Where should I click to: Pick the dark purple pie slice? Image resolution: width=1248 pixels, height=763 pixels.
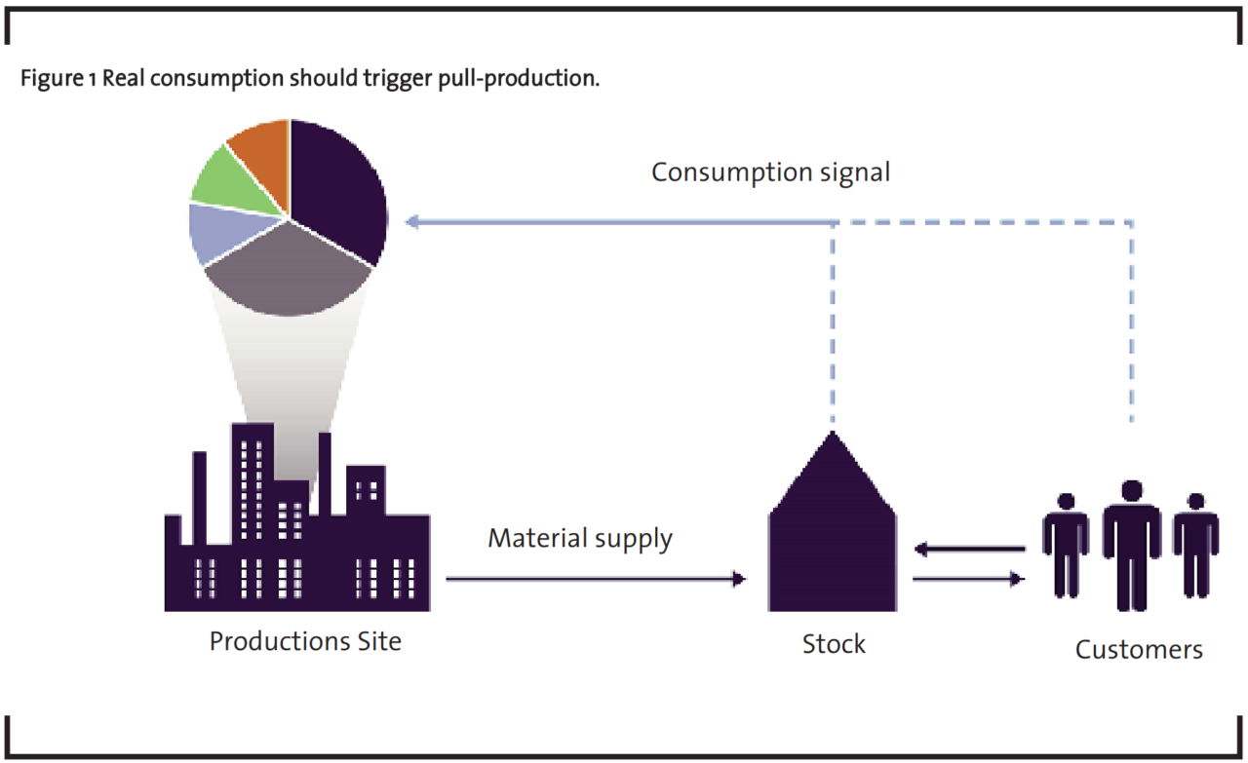point(337,190)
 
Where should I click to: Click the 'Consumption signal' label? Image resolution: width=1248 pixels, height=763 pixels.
point(770,172)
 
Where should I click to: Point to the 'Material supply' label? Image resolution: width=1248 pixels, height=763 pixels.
point(580,538)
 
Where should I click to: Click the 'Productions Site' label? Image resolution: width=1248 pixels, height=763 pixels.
point(305,642)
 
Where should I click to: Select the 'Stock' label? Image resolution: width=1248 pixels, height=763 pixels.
point(834,644)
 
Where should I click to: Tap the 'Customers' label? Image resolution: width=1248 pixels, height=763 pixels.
point(1139,649)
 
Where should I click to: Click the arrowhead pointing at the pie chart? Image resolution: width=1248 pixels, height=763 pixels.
point(413,222)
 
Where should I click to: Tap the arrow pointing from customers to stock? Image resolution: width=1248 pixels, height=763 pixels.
point(969,550)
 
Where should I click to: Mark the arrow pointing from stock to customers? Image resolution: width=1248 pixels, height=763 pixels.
point(969,580)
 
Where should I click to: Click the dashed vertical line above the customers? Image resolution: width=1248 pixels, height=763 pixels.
point(1131,322)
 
